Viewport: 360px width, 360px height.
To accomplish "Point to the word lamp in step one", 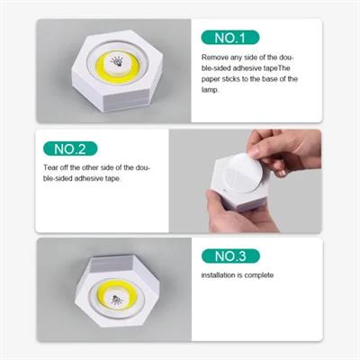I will click(211, 89).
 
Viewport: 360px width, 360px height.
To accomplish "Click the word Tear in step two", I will click(51, 167).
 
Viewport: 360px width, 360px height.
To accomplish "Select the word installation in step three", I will click(220, 275).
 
